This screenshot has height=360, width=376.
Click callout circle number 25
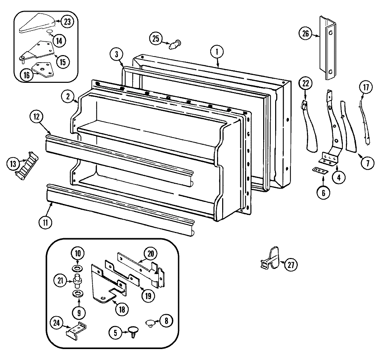tap(156, 39)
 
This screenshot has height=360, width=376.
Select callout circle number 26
tap(305, 33)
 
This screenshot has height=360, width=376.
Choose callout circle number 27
tap(291, 265)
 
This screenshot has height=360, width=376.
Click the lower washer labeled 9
tap(77, 293)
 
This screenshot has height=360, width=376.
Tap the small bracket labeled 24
tap(76, 331)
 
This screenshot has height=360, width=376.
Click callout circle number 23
tap(67, 22)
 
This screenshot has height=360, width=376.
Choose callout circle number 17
tap(366, 87)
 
